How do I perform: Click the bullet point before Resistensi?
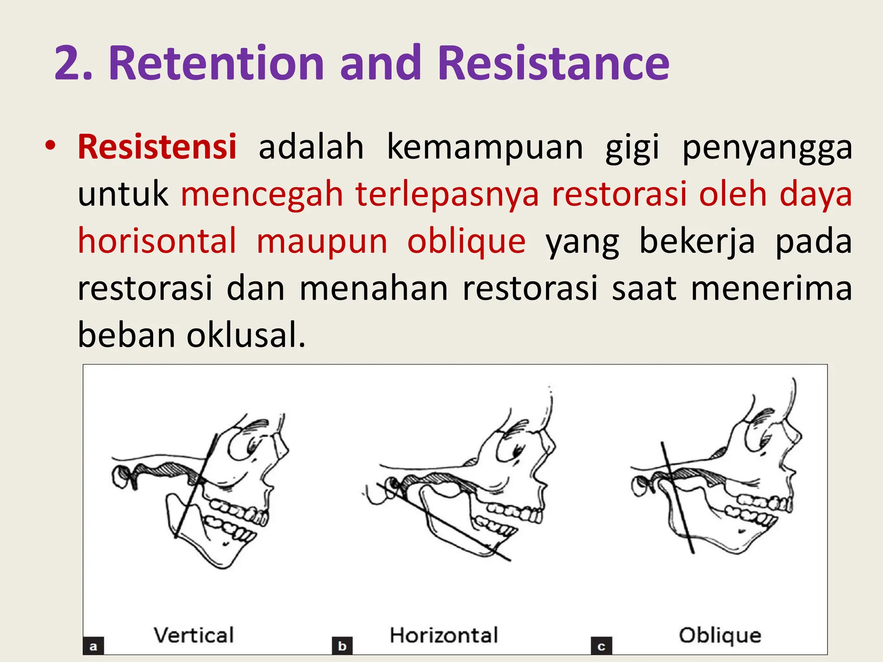point(50,145)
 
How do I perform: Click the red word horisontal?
point(157,241)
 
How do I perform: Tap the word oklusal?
point(246,335)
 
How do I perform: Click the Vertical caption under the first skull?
point(194,635)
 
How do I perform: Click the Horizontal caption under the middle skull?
point(444,635)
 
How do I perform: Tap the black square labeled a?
point(93,646)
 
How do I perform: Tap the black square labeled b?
point(342,646)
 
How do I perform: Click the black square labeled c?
point(601,646)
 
